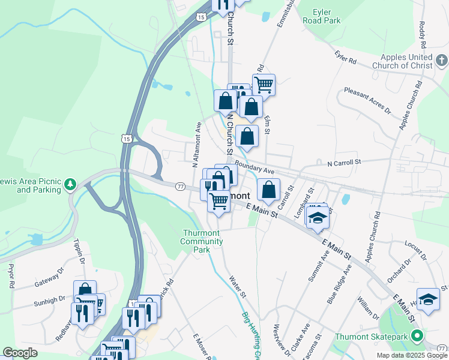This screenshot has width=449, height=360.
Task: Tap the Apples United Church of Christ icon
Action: [442, 60]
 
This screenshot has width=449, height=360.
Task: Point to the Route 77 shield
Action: [180, 187]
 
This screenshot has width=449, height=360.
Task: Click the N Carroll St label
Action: [343, 163]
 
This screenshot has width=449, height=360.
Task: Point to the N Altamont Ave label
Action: [196, 145]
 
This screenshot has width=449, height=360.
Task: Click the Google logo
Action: [20, 353]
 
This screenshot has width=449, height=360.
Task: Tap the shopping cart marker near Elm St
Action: [264, 85]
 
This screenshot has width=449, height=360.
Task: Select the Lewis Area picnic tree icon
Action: [70, 183]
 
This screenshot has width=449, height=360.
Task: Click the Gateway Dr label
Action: [49, 277]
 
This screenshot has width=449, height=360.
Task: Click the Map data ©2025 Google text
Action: [411, 355]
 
